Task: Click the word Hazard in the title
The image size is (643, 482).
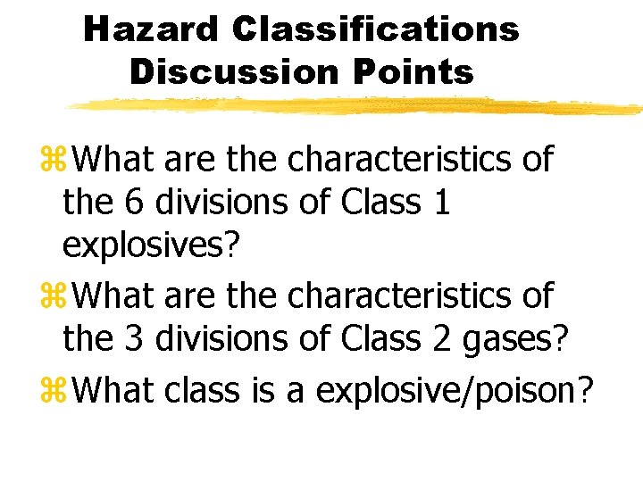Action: (x=150, y=29)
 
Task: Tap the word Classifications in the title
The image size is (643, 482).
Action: (x=375, y=29)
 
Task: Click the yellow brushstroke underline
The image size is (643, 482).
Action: (x=357, y=107)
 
